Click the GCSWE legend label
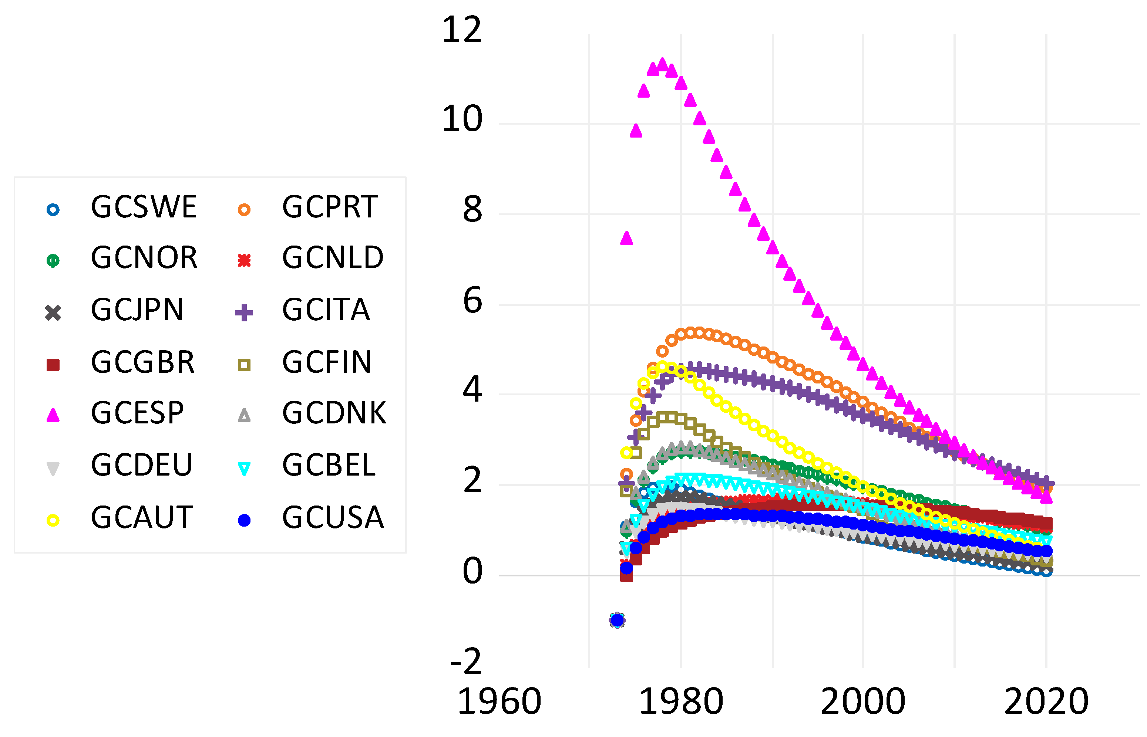tap(144, 207)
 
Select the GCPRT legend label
tap(329, 207)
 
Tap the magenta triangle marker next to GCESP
tap(53, 415)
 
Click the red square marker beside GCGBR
tap(53, 365)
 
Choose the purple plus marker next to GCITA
tap(244, 313)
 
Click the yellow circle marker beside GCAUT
tap(53, 520)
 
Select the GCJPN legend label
tap(137, 310)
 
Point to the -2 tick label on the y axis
tap(465, 662)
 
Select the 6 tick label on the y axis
tap(472, 301)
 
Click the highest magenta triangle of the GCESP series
tap(663, 64)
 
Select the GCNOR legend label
tap(144, 258)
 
